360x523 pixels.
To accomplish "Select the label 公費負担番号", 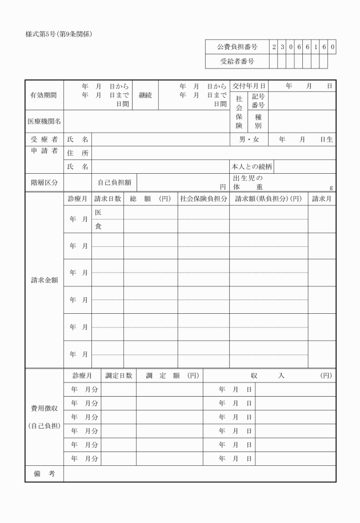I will point(237,46).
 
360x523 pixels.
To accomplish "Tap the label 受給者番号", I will point(237,61).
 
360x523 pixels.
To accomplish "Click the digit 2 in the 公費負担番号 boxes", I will point(274,46).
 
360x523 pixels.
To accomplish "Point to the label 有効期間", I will point(43,95).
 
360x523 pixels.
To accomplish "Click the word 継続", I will point(145,95).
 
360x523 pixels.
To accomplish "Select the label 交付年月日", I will point(249,86).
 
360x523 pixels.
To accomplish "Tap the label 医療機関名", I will point(44,121).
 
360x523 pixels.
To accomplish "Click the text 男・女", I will point(249,139).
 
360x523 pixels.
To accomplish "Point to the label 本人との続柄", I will point(251,167).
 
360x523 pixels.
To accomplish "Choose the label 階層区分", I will point(44,182).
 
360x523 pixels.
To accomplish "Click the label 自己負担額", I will point(114,182).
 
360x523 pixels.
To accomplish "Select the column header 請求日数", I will point(107,199).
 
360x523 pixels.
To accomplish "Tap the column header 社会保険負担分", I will point(203,199).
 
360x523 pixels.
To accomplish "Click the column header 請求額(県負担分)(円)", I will point(269,199).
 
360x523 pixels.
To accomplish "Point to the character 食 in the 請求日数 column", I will point(98,226).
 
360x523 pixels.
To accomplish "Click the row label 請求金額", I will point(44,281).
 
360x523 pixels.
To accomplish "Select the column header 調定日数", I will point(118,376).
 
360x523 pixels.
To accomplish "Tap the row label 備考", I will point(44,473).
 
